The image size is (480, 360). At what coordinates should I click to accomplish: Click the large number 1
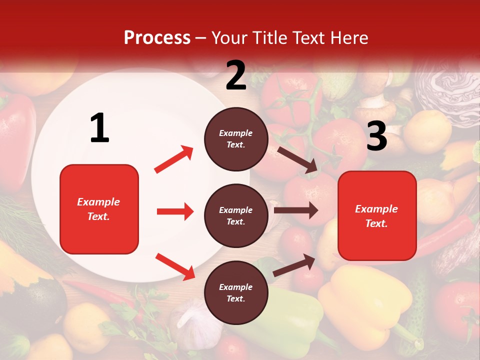coord(99,128)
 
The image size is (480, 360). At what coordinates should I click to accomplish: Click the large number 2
coord(236,75)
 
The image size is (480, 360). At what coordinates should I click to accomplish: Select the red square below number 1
coord(99,209)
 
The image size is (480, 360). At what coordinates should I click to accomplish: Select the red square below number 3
coord(377,215)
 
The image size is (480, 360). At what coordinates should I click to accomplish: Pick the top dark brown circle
coord(236,139)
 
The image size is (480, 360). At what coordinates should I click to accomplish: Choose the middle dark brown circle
coord(236,215)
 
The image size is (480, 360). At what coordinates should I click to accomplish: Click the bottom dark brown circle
coord(236,292)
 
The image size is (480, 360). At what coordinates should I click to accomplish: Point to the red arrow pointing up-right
coord(174,159)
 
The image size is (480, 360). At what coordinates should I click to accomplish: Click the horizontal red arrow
coord(175,211)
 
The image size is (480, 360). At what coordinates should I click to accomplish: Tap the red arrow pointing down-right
coord(175,266)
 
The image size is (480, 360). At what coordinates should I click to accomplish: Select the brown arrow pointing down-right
coord(297,159)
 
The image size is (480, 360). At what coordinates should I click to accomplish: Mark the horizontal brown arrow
coord(295,210)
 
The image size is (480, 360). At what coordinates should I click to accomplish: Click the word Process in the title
coord(157,37)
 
